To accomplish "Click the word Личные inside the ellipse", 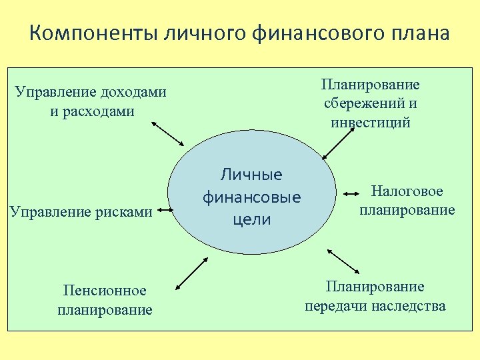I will pos(252,175).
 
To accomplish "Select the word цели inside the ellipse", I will pos(252,219).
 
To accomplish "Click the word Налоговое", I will pos(407,191).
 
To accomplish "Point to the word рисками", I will pos(124,212).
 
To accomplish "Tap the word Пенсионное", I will pos(105,291).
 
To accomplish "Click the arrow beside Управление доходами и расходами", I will pos(167,133).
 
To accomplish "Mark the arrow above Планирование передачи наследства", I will pos(344,261).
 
